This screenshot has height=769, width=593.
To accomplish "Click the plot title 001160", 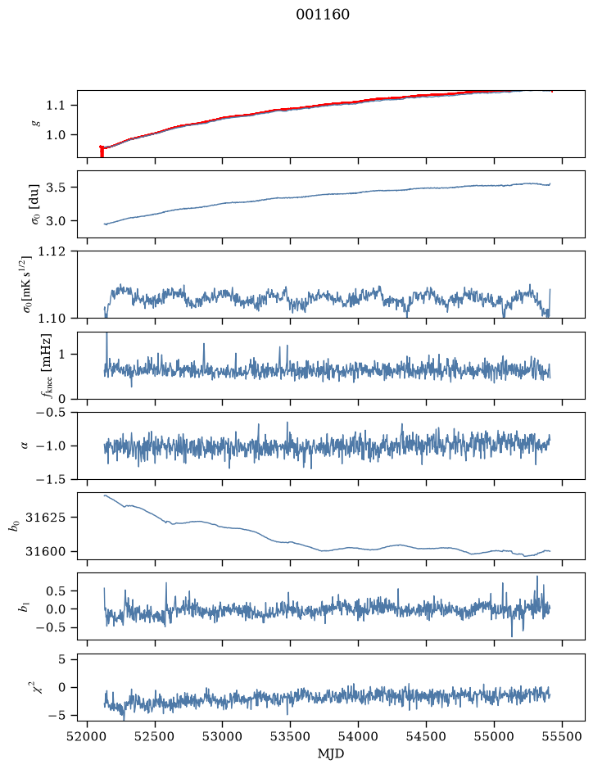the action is (x=323, y=15).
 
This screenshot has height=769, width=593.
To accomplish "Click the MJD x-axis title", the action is (x=331, y=753).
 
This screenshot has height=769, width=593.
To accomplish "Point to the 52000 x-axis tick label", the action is (x=88, y=736).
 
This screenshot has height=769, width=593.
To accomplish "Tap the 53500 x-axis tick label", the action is (x=291, y=736).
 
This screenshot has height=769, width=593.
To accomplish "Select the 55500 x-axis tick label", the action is (x=562, y=736).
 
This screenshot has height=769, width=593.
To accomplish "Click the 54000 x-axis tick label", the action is (x=358, y=736).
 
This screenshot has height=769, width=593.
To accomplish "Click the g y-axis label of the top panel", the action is (x=35, y=124).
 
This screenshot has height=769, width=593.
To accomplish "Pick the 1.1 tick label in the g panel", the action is (x=55, y=105).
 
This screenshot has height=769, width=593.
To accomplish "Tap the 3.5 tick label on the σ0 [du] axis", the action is (x=55, y=188).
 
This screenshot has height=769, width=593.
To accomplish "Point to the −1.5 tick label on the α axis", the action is (x=50, y=479).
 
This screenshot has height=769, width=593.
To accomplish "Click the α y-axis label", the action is (x=25, y=446).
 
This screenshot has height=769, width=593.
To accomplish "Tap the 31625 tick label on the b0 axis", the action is (x=45, y=517).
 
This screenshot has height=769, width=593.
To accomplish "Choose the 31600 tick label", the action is (x=45, y=551).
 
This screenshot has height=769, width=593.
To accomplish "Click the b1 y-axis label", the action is (x=23, y=607).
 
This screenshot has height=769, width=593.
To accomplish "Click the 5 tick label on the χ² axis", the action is (x=61, y=659).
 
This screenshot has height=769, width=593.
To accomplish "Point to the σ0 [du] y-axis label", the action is (x=35, y=205).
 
